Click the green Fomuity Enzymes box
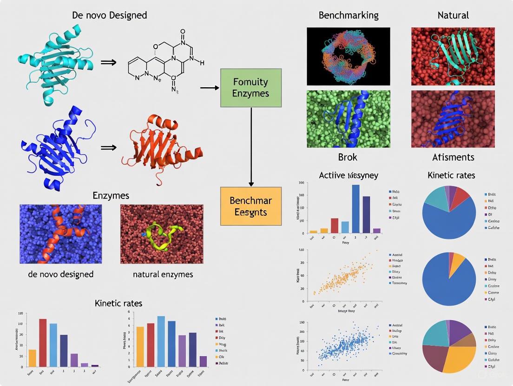(x=251, y=88)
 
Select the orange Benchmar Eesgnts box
(x=251, y=206)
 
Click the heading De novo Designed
(x=110, y=15)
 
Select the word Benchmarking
(x=349, y=15)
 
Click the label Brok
(x=348, y=157)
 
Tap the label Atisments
(x=453, y=157)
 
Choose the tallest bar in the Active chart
(x=356, y=208)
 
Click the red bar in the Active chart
(x=335, y=225)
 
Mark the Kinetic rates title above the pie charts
(x=451, y=175)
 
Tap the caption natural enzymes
(x=163, y=274)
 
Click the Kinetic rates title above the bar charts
(x=118, y=303)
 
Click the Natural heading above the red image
(x=453, y=15)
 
